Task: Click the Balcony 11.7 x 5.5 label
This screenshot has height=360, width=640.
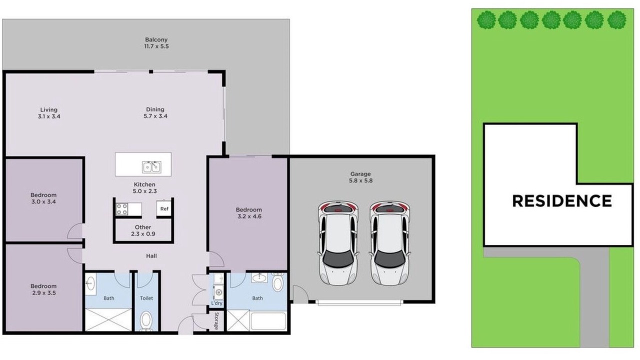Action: coord(156,43)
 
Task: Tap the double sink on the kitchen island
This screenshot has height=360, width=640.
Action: coord(151,167)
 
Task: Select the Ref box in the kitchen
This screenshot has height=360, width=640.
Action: coord(164,208)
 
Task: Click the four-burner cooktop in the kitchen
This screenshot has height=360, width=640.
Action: coord(121,209)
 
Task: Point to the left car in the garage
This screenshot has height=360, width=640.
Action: coord(338,243)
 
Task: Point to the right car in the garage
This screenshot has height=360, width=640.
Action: coord(389,243)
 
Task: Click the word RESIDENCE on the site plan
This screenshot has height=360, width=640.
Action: coord(561,201)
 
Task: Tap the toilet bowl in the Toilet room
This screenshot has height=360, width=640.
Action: coord(146,320)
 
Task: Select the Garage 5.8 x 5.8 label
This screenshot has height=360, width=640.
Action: coord(360,177)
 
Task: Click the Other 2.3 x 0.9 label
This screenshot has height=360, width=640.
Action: coord(143,230)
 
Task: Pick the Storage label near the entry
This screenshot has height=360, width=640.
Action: coord(216,320)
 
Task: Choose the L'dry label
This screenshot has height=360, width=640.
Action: coord(217,303)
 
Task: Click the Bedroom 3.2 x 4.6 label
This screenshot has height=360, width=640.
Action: coord(249,213)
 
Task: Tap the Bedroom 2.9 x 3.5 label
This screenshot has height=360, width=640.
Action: coord(43,289)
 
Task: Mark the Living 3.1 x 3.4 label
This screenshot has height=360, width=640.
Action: coord(49,113)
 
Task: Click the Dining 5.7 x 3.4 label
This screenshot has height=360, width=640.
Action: coord(155,112)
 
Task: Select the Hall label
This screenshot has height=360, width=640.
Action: coord(151,256)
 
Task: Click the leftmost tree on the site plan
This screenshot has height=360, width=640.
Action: coord(486,20)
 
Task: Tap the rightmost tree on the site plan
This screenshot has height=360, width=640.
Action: coord(617,20)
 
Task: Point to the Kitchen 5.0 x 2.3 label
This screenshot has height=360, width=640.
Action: coord(144,187)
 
